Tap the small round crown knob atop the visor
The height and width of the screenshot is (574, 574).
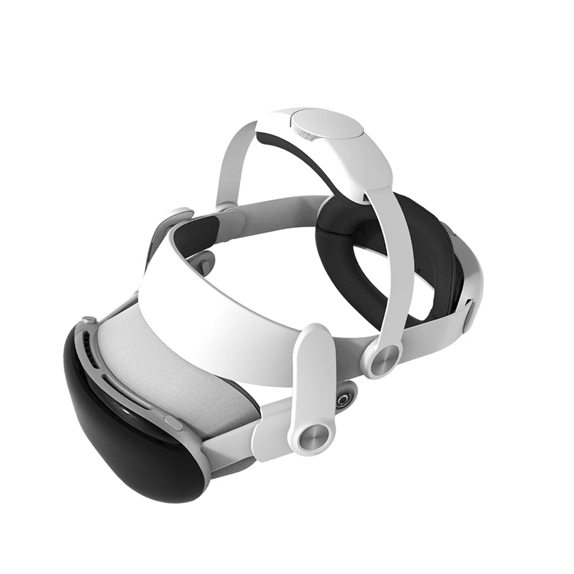[87, 320]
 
